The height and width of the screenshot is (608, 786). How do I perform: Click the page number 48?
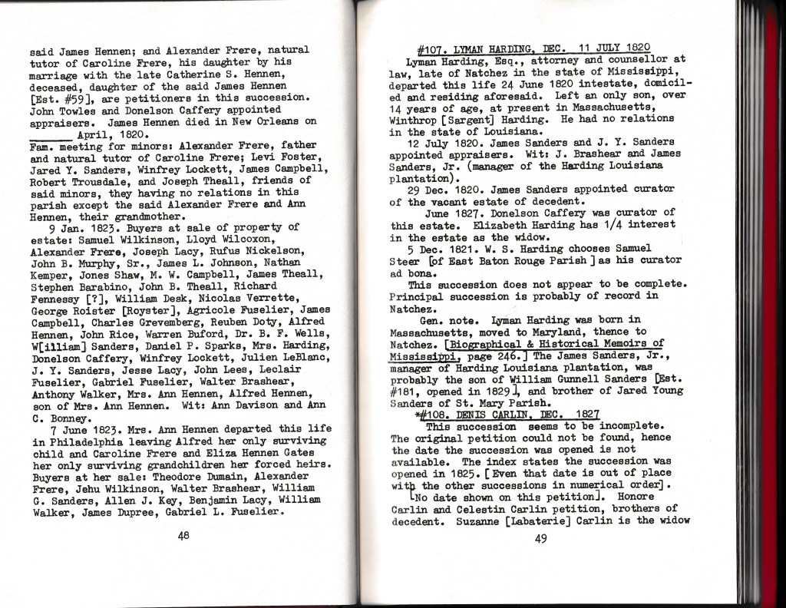183,537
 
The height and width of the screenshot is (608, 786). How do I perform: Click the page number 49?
540,537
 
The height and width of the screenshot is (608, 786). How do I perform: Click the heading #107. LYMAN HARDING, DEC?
491,47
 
